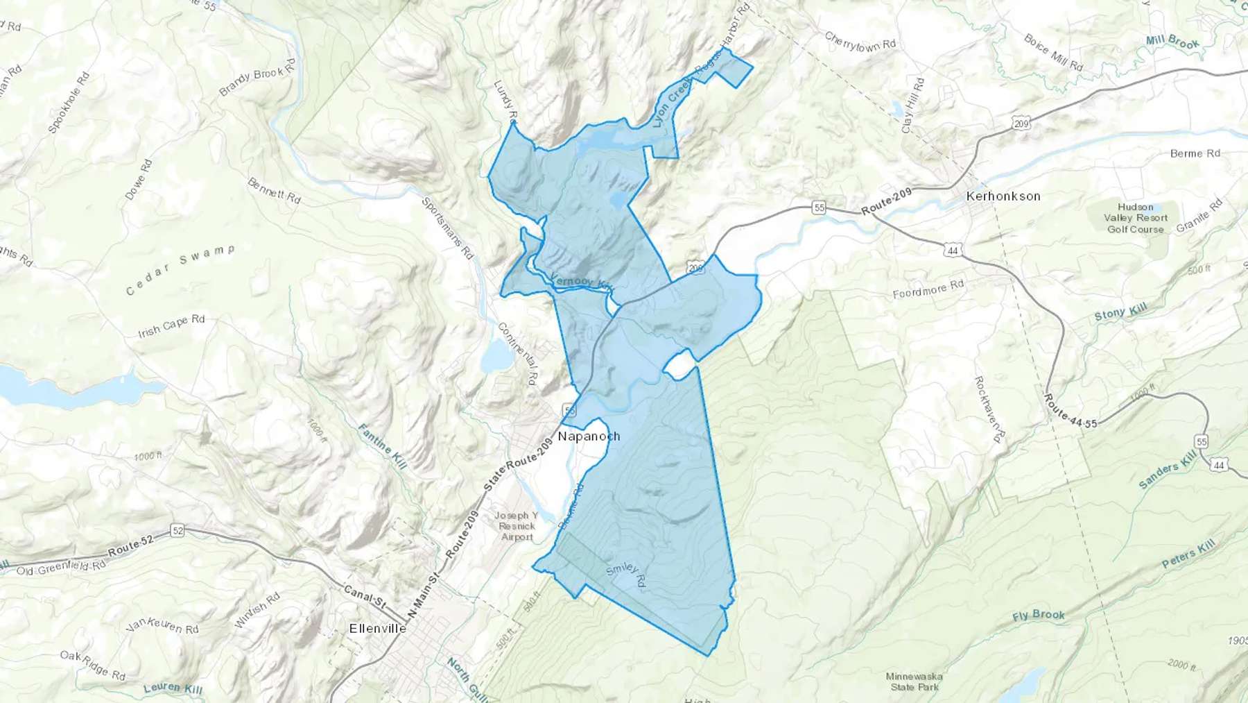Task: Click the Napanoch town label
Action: coord(589,437)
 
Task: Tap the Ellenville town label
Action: coord(378,629)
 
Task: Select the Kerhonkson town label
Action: coord(1003,196)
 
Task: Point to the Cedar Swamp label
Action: coord(180,269)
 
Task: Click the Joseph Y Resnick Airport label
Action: coord(517,526)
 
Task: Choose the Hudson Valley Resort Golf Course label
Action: coord(1135,218)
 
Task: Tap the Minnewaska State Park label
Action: coord(915,681)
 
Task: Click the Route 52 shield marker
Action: coord(177,531)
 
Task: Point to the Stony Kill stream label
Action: coord(1120,312)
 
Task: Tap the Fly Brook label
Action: coord(1038,615)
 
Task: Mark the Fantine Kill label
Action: coord(382,446)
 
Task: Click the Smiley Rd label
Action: coord(626,574)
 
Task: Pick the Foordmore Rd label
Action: coord(928,289)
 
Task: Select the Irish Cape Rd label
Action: coord(171,326)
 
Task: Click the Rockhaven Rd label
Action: coord(989,409)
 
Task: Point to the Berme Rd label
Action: coord(1195,153)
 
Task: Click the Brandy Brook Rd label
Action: coord(257,77)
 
